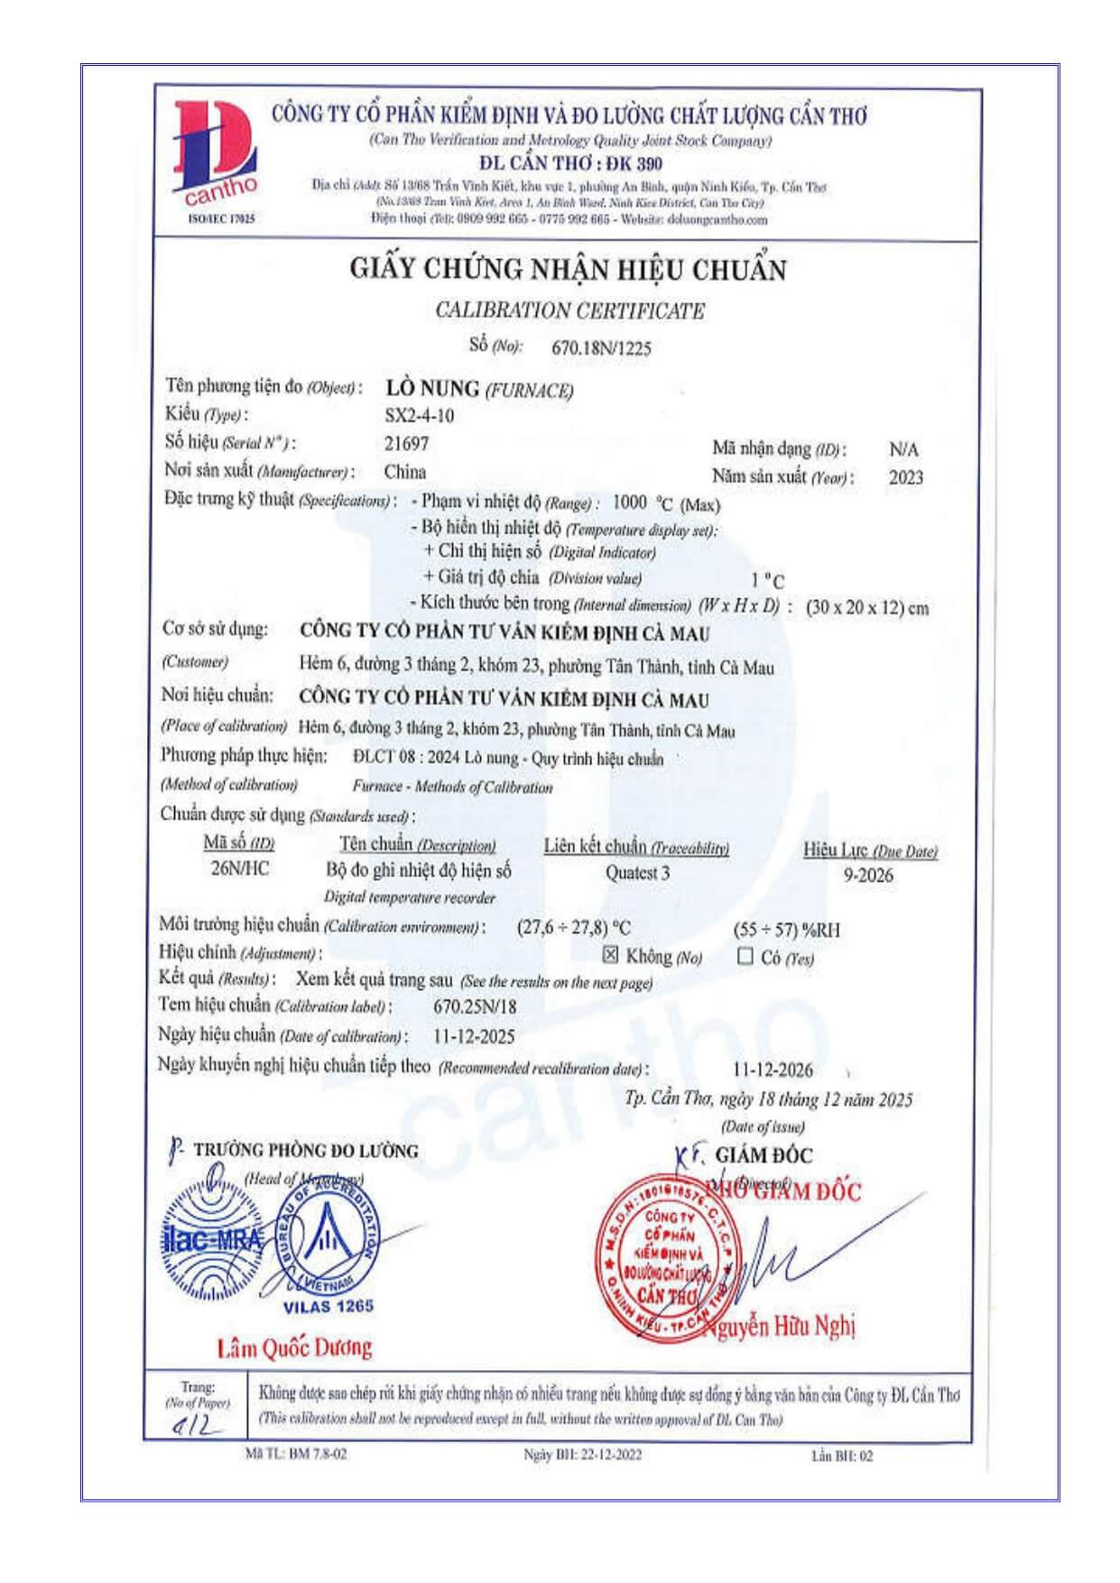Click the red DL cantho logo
[x=215, y=155]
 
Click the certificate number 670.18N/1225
[x=601, y=348]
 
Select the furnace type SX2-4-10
[x=420, y=416]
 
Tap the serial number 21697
[x=407, y=444]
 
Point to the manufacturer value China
[x=405, y=472]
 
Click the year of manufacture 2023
[x=905, y=477]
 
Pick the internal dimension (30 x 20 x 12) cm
[x=867, y=607]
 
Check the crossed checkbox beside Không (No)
[x=611, y=955]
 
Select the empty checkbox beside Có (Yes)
[x=745, y=957]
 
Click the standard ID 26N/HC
[x=240, y=869]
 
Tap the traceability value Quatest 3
[x=637, y=873]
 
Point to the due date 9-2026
[x=868, y=875]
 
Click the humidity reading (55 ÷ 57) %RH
[x=786, y=930]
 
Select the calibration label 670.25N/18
[x=475, y=1007]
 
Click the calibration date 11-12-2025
[x=474, y=1036]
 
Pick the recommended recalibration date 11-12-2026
[x=773, y=1070]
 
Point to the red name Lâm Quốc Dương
[x=294, y=1348]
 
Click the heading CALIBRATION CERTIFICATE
[x=569, y=311]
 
